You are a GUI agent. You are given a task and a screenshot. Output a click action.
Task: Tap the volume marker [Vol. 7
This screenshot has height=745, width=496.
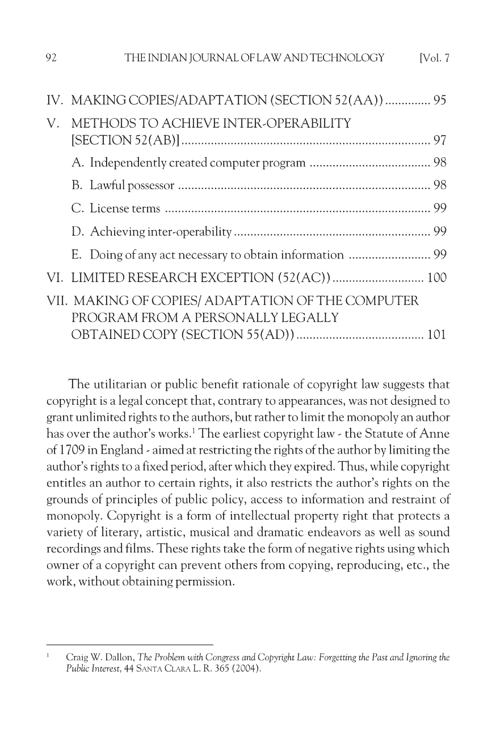click(434, 58)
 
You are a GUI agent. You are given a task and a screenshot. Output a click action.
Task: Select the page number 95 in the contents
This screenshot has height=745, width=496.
click(440, 100)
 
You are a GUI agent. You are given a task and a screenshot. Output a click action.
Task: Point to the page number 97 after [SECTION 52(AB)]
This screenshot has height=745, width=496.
click(440, 140)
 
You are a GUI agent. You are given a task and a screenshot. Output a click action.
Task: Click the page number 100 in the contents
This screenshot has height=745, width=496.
click(437, 278)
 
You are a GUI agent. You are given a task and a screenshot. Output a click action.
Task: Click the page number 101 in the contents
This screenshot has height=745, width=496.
click(437, 335)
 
